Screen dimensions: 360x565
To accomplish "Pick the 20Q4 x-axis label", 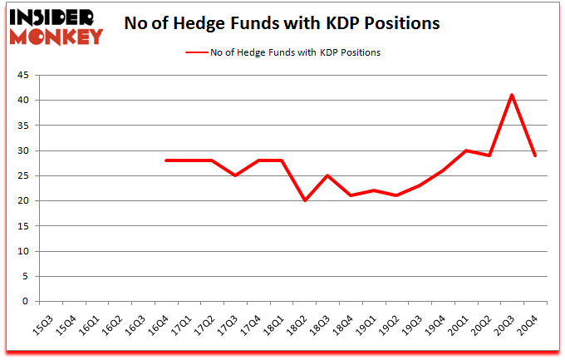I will point(527,321).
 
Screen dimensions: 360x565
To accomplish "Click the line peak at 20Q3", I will point(512,95).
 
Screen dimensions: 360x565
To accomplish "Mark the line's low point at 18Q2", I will point(305,200).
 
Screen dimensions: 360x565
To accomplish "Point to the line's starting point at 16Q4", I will point(166,160).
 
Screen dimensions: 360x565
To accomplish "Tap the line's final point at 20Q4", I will point(535,155).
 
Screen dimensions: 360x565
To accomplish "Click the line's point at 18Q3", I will point(327,175).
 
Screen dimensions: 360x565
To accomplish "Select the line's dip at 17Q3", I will point(235,175).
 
